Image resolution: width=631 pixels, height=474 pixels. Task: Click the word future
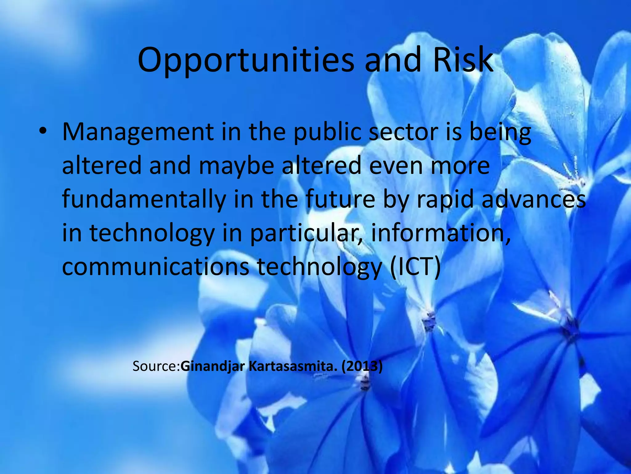coord(340,199)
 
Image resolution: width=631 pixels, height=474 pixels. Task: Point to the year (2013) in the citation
coord(362,366)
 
